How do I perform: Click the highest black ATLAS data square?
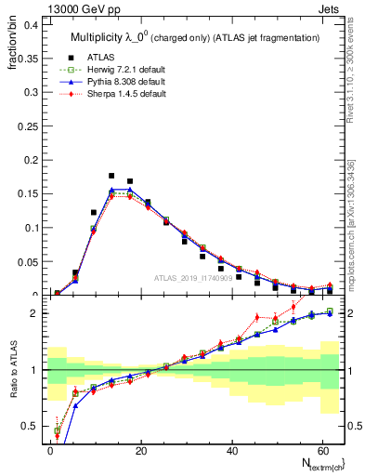[111, 175]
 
